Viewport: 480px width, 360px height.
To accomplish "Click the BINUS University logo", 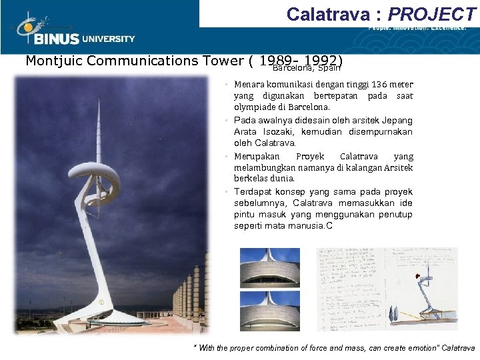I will [x=73, y=30].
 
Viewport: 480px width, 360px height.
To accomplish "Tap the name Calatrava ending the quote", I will [x=458, y=348].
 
